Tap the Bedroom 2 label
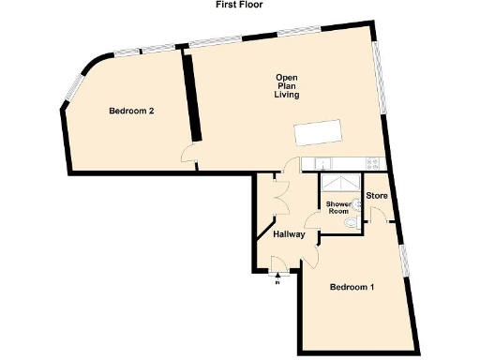131,112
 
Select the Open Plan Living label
286,86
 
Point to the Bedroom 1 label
352,287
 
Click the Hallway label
288,234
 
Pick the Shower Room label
337,207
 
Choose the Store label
377,196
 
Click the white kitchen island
318,134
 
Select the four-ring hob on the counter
373,161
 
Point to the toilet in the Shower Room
349,226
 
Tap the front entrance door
280,271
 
